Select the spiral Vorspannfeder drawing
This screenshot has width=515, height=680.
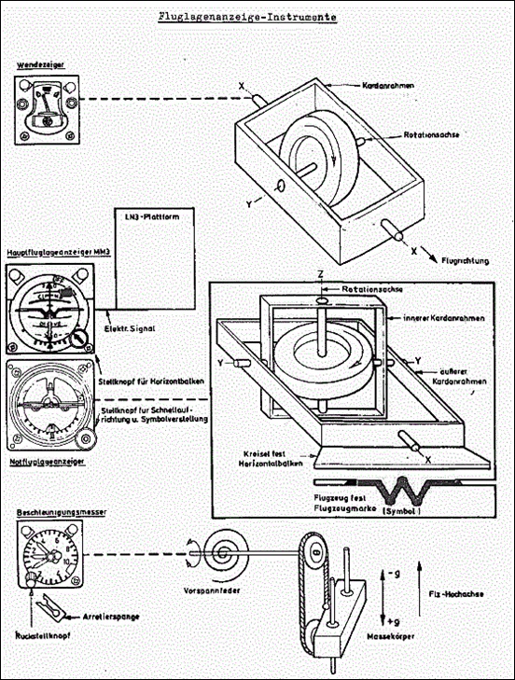tap(227, 553)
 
